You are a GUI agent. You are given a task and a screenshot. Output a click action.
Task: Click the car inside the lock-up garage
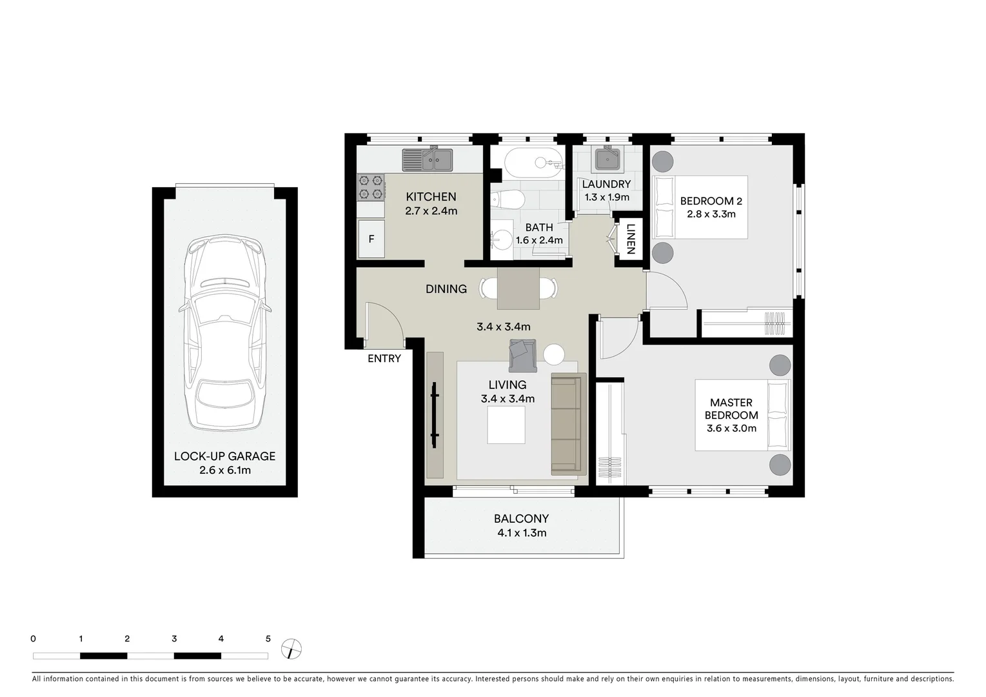(x=224, y=334)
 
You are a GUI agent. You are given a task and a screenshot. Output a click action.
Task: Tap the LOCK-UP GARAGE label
(x=224, y=456)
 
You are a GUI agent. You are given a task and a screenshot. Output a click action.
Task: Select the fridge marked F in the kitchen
(x=371, y=239)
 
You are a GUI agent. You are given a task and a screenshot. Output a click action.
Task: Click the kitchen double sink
(x=428, y=159)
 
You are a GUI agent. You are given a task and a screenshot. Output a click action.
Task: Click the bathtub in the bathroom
(x=533, y=162)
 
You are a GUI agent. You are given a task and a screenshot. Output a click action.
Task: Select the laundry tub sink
(x=607, y=159)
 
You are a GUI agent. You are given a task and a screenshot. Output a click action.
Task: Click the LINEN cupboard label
(x=631, y=239)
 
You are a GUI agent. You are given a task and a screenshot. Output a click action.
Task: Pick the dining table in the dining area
(x=518, y=288)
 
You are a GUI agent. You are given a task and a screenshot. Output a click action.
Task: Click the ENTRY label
(x=384, y=359)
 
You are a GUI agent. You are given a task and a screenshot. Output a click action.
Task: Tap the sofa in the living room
(x=567, y=424)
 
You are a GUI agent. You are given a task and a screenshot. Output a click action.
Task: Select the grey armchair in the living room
(x=522, y=355)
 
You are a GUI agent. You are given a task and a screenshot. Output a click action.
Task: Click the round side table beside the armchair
(x=554, y=354)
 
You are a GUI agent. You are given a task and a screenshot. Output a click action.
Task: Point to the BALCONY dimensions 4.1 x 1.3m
(x=522, y=533)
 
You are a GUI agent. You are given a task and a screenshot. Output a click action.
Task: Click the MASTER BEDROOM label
(x=731, y=409)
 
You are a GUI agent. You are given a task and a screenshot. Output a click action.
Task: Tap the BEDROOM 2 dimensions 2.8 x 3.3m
(x=711, y=214)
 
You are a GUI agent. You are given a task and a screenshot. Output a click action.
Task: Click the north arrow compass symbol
(x=292, y=649)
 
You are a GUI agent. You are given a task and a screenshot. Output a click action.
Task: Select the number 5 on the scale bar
(x=268, y=639)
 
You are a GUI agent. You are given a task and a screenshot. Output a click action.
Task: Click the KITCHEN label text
(x=431, y=197)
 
